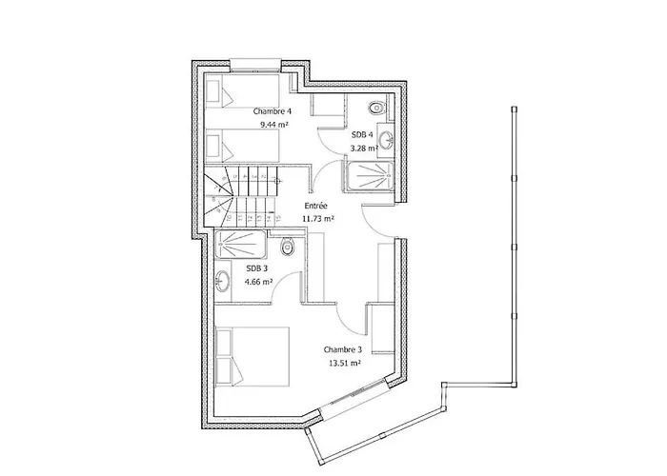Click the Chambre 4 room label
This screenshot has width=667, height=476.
(x=273, y=111)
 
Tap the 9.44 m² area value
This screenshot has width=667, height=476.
(x=274, y=125)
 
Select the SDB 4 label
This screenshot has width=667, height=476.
(x=362, y=135)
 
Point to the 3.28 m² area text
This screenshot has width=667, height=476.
(x=364, y=149)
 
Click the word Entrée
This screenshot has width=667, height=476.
(x=316, y=206)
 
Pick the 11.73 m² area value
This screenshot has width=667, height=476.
(x=317, y=219)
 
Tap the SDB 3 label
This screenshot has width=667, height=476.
(x=257, y=268)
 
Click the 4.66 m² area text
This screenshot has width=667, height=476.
(x=258, y=282)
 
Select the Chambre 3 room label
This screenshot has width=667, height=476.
(x=343, y=349)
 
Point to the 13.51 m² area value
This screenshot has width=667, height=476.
(x=345, y=364)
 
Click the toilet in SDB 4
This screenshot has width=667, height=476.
(x=375, y=108)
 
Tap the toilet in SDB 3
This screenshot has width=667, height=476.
(x=288, y=247)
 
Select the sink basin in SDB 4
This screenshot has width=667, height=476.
(x=386, y=139)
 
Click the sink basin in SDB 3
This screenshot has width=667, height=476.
(x=222, y=282)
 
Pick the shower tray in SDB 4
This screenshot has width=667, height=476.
(x=369, y=176)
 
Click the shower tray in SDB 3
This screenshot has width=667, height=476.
(x=241, y=244)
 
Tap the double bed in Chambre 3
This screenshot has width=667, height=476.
(x=253, y=357)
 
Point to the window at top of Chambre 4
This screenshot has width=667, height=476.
(x=255, y=65)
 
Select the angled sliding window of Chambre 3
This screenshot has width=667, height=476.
(x=354, y=394)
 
